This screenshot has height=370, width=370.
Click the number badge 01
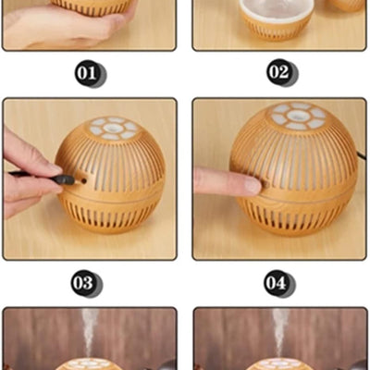click(x=90, y=73)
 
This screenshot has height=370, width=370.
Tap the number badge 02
click(x=282, y=73)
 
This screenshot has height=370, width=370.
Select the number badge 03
click(x=87, y=283)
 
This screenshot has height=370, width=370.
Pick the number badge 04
click(x=279, y=283)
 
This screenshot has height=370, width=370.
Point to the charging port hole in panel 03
click(x=83, y=180)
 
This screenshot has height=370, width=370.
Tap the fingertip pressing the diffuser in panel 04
click(x=253, y=186)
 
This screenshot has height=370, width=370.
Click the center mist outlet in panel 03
click(x=112, y=128)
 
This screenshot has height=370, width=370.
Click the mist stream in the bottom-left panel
click(x=90, y=332)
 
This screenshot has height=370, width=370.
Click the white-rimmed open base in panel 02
click(x=277, y=21)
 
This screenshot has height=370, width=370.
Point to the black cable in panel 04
click(x=363, y=154)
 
